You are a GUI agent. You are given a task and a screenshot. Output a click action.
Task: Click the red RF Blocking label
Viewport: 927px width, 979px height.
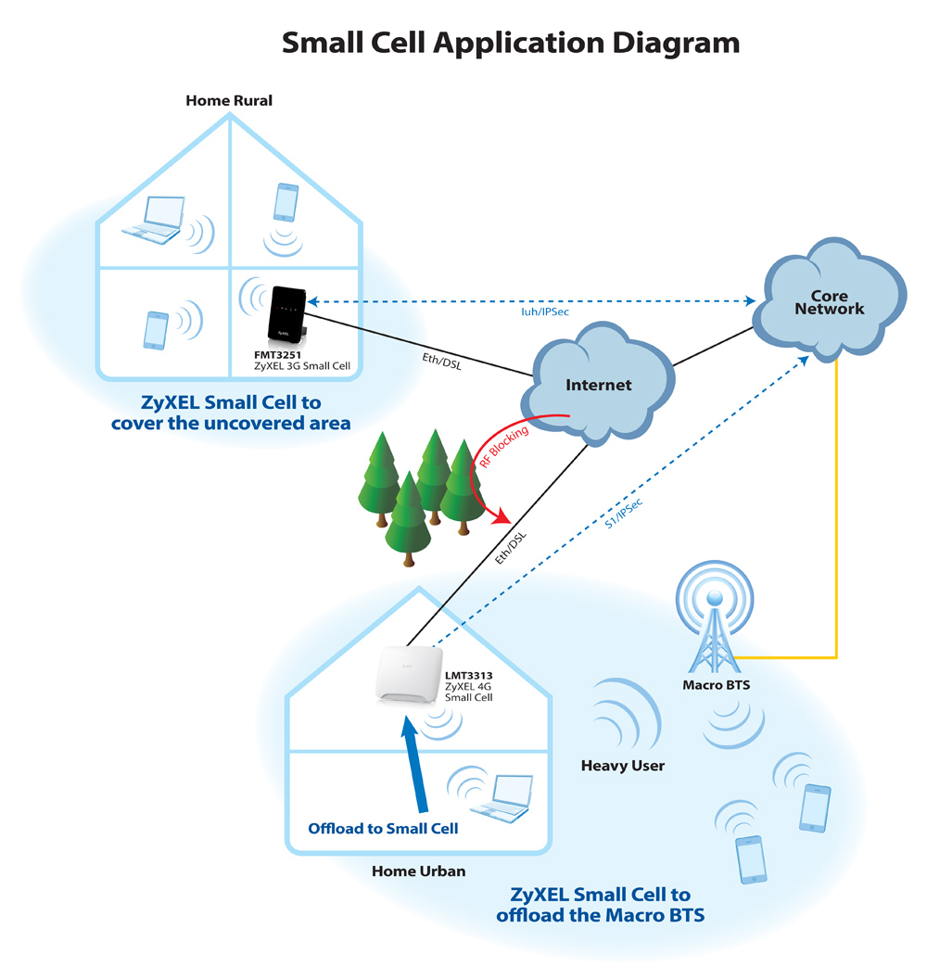(x=503, y=447)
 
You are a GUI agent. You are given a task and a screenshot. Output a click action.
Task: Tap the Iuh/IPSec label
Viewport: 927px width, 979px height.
(x=545, y=311)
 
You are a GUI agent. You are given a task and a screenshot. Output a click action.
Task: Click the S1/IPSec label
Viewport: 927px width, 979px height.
(x=623, y=514)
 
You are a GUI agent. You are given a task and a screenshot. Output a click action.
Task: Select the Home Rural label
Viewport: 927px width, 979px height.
(x=229, y=100)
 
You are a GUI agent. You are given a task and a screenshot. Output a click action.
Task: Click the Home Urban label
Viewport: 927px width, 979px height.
(x=418, y=871)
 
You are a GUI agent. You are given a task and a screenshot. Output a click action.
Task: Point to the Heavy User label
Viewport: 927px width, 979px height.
(x=622, y=766)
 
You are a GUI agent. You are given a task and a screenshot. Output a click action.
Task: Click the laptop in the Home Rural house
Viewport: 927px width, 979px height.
(x=154, y=220)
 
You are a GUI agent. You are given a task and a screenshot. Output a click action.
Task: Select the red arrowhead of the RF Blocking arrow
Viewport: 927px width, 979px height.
(x=502, y=515)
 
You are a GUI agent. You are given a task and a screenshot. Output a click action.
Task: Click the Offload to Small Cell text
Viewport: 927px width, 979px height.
(x=383, y=829)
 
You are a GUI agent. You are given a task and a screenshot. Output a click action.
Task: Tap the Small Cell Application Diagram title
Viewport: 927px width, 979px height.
(x=511, y=43)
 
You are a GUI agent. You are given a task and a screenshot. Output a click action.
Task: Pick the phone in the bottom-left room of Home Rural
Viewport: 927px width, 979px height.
(x=156, y=330)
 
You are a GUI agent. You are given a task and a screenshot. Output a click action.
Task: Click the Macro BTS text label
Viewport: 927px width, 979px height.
(x=716, y=685)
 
